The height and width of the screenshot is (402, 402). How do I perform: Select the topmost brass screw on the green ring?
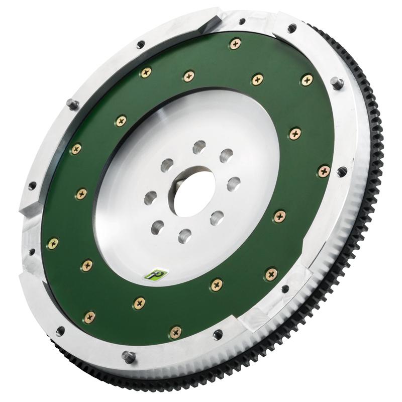click(x=235, y=44)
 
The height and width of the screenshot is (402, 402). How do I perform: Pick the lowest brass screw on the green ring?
click(x=176, y=332)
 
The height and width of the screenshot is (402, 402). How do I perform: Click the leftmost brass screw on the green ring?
click(x=53, y=243)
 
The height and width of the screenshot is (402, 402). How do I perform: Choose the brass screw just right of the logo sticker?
click(x=217, y=284)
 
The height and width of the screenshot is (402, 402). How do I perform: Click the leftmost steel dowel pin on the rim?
click(x=72, y=104)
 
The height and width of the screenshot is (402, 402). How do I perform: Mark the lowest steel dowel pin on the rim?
click(x=129, y=357)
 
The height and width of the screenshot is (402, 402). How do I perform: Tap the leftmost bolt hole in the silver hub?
click(x=150, y=197)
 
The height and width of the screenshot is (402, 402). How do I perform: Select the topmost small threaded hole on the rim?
click(x=242, y=22)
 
